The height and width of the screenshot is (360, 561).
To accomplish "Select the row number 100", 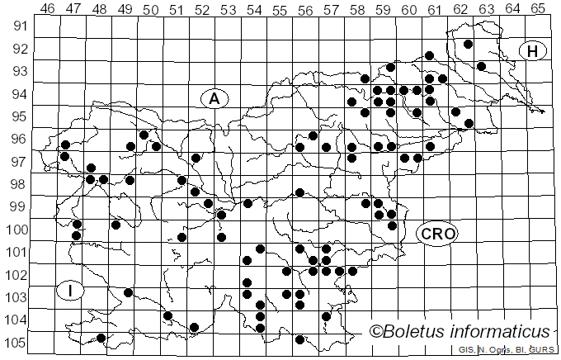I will coord(16,230).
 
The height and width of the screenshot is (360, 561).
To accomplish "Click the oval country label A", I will coord(214,98).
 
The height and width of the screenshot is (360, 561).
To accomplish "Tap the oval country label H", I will coord(533,51).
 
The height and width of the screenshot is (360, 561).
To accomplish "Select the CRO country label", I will coord(437,234).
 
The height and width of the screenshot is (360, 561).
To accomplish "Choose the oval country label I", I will coord(72,290).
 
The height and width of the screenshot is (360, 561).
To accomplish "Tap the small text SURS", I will coord(542,350).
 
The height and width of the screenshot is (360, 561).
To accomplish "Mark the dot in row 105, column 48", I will coord(101,338).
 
